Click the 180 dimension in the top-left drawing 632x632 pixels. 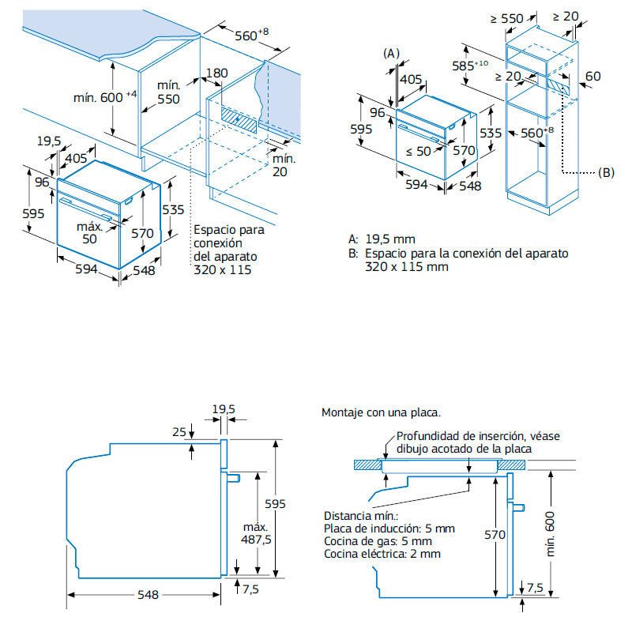216,73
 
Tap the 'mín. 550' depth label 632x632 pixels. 168,92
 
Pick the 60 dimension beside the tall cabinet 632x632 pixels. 593,76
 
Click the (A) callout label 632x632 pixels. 391,52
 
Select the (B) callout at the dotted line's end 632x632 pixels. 606,171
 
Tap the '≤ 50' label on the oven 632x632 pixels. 418,151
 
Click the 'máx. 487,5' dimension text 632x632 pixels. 256,533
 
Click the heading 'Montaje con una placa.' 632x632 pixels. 381,412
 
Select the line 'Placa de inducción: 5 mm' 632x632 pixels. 389,529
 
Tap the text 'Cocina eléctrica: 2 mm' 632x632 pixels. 382,554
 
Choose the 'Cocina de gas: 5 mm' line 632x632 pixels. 378,541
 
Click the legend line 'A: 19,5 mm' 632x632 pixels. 382,239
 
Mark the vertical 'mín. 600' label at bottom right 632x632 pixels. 551,533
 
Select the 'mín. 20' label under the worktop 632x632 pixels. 284,164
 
